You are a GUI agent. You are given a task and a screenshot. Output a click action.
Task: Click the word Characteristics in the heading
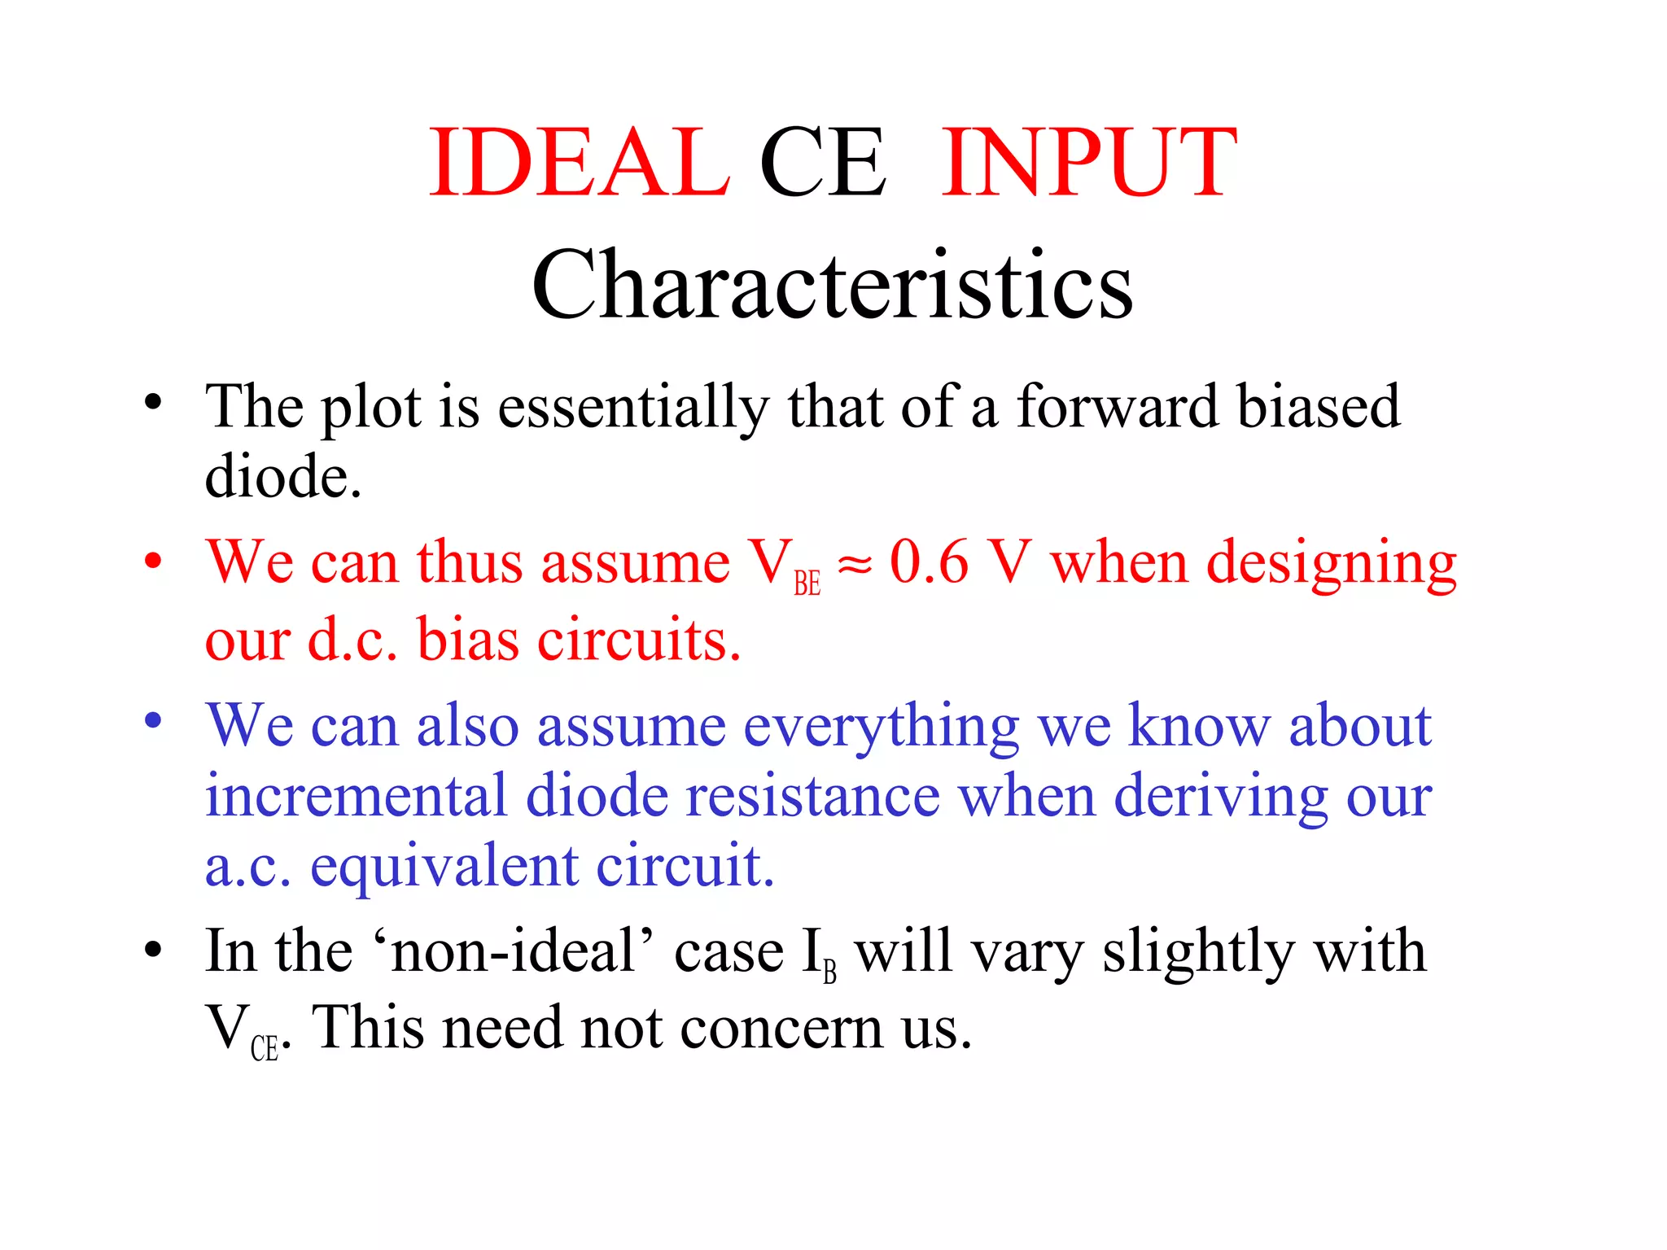[x=832, y=285]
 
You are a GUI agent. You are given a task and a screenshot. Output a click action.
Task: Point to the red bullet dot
[x=153, y=562]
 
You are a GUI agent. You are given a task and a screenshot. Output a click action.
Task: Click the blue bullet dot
[x=153, y=721]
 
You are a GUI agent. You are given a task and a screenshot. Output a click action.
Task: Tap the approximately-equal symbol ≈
[x=855, y=564]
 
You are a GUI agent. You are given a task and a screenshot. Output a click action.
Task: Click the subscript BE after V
[x=807, y=583]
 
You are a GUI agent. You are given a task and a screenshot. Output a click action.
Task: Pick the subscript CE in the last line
[x=265, y=1048]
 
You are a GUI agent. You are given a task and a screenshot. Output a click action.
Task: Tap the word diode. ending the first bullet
[x=282, y=477]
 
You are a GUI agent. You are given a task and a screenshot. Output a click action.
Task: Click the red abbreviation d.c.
[x=352, y=640]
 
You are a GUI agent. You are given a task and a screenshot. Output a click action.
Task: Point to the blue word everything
[x=882, y=727]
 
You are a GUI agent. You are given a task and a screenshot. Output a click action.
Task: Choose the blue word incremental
[x=356, y=796]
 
